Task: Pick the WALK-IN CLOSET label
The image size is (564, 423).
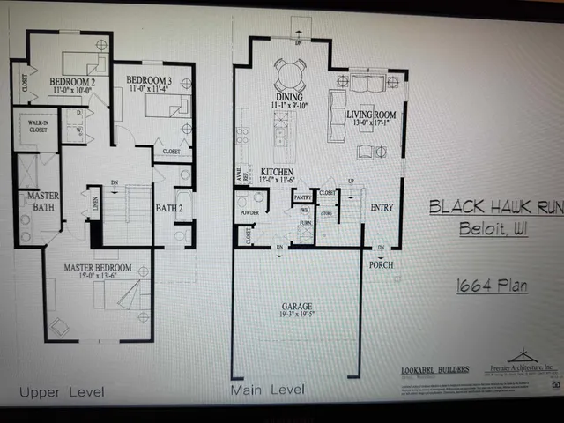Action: (34, 126)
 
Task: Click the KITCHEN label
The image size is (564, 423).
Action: (276, 172)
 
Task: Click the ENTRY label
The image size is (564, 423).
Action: (382, 208)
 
